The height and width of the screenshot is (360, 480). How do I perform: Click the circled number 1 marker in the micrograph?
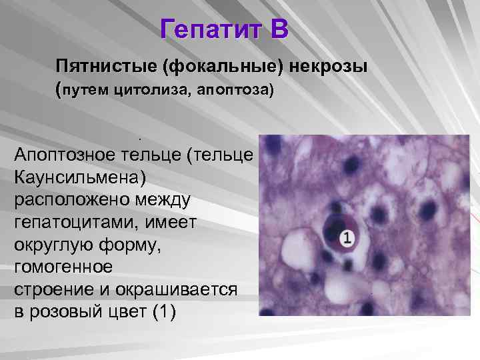pos(346,237)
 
